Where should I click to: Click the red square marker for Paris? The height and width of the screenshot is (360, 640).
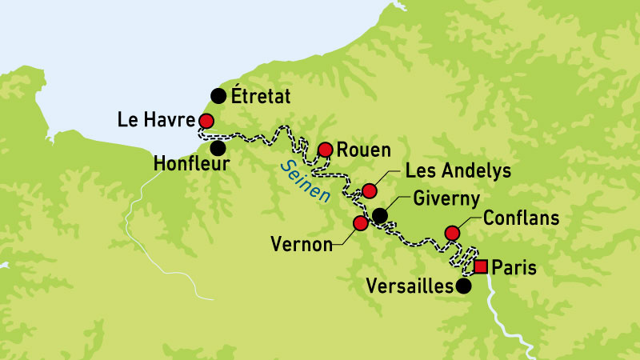pos(481,266)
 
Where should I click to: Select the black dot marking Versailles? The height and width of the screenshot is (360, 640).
pos(463,286)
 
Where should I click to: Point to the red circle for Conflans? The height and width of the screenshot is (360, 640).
pos(452,233)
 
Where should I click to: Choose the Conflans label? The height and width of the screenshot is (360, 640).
pos(521,218)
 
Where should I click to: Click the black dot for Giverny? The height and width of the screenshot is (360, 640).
pos(380,215)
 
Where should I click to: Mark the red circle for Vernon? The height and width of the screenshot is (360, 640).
pos(361,223)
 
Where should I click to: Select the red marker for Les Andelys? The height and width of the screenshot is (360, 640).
pos(369,190)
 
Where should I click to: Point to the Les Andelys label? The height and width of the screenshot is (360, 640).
pos(458,170)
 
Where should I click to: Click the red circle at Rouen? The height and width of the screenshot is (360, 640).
pos(326,150)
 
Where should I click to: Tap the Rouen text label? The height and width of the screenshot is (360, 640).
pos(364,150)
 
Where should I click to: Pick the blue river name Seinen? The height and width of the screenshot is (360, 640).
pos(303,183)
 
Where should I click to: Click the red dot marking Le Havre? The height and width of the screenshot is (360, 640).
pos(206,121)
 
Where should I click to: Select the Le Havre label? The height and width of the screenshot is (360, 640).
pos(156,121)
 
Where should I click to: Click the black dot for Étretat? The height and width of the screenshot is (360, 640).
pos(218,96)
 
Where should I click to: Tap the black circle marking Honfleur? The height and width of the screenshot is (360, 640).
pos(218,147)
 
